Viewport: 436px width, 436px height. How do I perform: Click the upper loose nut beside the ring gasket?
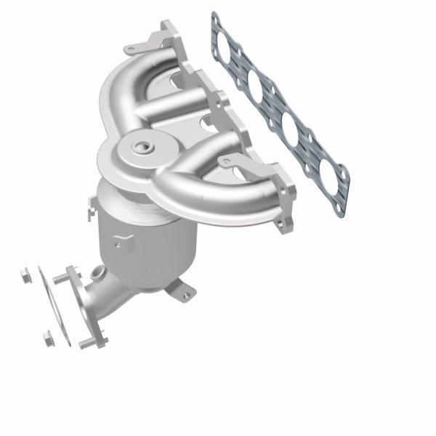point(23,275)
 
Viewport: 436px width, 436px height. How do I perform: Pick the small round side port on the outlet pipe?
point(97,275)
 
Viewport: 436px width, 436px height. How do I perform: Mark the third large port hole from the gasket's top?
point(289,130)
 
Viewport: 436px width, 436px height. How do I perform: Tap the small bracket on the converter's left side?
point(90,211)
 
